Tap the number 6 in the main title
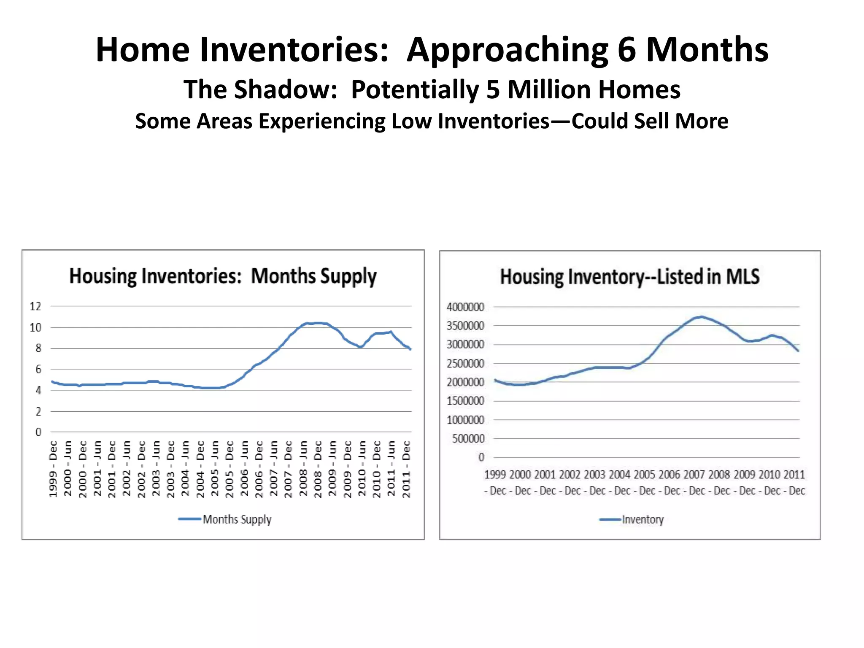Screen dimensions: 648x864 coord(626,49)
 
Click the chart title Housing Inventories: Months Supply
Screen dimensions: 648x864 coord(223,276)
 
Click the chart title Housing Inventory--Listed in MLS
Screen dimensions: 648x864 coord(629,277)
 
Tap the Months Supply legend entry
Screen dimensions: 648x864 coord(236,519)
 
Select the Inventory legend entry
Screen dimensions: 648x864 coord(642,519)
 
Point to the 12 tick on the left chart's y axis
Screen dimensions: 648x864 coord(35,306)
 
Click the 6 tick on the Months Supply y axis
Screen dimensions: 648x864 coord(38,369)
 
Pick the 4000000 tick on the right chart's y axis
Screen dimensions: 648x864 coord(465,307)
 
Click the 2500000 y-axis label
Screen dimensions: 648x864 coord(465,363)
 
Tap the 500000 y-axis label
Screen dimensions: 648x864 coord(468,439)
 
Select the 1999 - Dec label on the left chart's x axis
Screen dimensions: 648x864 coord(53,469)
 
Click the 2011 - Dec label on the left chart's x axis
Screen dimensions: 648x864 coord(406,469)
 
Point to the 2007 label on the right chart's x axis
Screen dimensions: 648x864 coord(694,475)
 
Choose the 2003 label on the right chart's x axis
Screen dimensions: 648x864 coord(594,475)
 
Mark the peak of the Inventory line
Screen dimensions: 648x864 coord(701,316)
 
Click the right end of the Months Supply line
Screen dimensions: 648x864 coord(410,349)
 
